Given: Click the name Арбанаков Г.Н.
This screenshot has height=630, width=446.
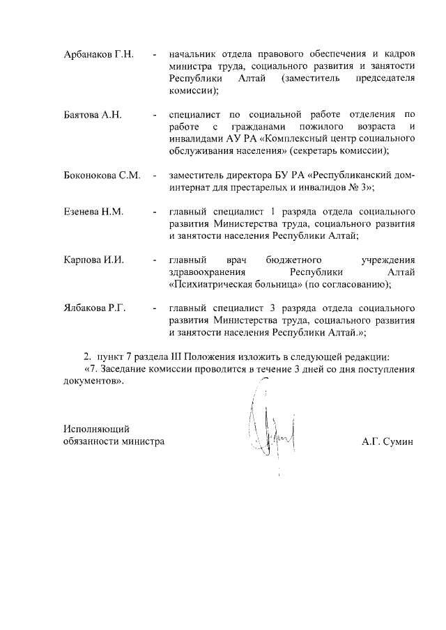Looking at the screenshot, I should tap(98, 54).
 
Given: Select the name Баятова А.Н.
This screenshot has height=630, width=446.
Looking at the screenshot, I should tap(93, 114).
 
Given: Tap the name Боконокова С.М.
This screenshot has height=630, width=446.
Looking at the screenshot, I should tap(102, 175).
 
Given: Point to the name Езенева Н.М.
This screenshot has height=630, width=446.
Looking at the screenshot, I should tap(93, 212).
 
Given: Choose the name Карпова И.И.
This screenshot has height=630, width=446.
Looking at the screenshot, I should tap(93, 260).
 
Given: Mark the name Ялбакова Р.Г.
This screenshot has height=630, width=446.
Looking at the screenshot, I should tap(95, 308).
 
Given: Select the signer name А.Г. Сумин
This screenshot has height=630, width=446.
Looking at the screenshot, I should tap(387, 441).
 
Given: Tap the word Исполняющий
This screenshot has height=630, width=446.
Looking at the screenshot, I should tap(97, 429).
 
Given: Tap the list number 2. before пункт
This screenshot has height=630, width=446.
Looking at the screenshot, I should tap(88, 357).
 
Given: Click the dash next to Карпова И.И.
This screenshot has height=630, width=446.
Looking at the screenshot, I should tap(154, 260).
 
